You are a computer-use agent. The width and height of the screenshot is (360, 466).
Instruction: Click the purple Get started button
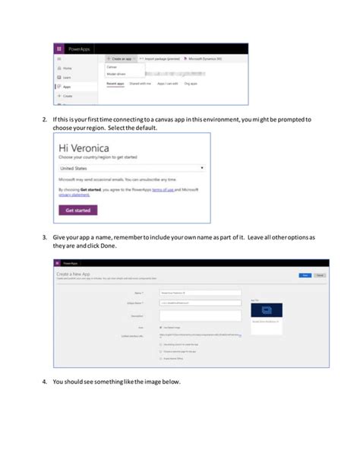coord(78,210)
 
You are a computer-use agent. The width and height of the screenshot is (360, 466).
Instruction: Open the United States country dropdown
coord(132,166)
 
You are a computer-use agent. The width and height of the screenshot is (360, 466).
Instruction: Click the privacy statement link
coord(74,194)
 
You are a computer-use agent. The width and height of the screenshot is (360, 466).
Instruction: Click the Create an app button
coord(120,58)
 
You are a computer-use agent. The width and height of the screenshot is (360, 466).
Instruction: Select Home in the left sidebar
coord(67,68)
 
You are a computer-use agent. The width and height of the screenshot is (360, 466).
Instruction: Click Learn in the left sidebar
coord(67,78)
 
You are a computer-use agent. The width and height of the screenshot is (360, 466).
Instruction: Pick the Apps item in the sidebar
coord(67,87)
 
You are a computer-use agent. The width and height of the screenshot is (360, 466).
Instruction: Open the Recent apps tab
coord(115,83)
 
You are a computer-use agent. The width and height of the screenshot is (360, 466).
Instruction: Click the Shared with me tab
coord(141,83)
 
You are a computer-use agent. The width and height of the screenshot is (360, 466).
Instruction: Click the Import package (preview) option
coord(163,58)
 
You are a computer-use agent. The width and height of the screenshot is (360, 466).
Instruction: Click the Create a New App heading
coord(75,273)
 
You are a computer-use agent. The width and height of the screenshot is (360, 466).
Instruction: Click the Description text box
coord(201,314)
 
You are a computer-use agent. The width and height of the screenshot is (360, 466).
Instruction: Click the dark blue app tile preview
coord(266,310)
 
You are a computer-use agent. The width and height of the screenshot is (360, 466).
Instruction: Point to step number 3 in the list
coord(45,237)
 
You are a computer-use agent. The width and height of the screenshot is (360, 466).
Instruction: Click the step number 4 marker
coord(45,381)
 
